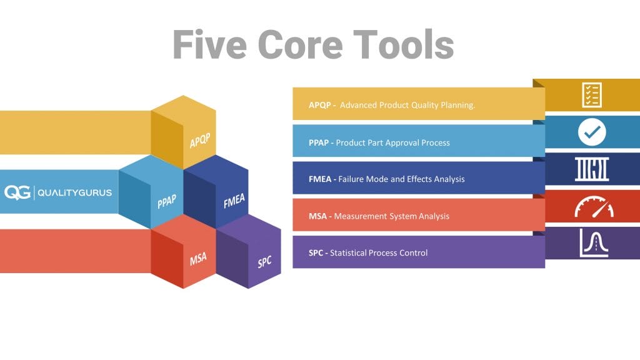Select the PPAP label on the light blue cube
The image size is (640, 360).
tap(167, 202)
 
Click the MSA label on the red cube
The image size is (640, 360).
tap(198, 257)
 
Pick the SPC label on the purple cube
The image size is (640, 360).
tap(265, 262)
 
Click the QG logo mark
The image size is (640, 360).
tap(17, 192)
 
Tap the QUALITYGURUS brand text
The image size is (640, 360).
tap(75, 192)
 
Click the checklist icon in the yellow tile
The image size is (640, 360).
tap(591, 94)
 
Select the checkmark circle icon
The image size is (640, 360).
tap(591, 131)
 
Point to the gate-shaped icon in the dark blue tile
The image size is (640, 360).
tap(591, 169)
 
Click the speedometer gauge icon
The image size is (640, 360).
tap(591, 206)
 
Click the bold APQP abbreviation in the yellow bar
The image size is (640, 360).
tap(320, 105)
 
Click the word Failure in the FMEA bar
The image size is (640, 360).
tap(354, 179)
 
